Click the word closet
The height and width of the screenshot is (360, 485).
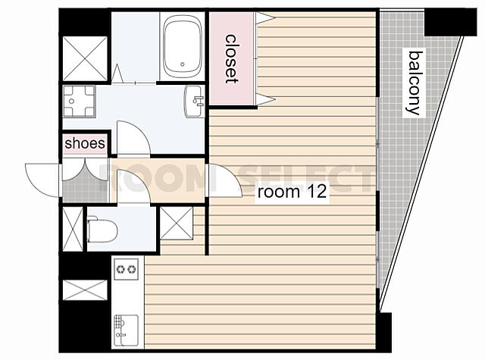coord(231,59)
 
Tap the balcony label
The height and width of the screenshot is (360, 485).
coord(415,83)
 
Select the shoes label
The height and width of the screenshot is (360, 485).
coord(85,143)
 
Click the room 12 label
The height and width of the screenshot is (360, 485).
coord(292,192)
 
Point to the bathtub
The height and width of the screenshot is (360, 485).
coord(183,46)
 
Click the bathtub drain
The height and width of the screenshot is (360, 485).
coord(183,64)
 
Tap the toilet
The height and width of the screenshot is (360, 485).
coord(102,230)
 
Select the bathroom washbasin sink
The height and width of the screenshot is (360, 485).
coord(195,101)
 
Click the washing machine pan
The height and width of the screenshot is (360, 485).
coord(79,102)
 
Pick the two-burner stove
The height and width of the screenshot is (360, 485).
coord(127,269)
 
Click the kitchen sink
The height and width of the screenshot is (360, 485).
coord(127,330)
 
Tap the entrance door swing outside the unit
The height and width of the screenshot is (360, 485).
coord(42,180)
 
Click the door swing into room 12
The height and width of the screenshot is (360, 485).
coord(226,180)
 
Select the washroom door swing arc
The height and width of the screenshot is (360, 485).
coord(133,137)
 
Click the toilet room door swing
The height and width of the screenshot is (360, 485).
coord(133,186)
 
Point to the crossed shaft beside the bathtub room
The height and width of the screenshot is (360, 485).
coord(85,58)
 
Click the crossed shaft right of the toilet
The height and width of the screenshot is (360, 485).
coord(177,224)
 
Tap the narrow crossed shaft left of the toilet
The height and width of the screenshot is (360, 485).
coord(73,229)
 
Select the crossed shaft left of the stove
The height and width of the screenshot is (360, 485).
coord(85,290)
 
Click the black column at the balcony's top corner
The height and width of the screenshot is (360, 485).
coord(450,22)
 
